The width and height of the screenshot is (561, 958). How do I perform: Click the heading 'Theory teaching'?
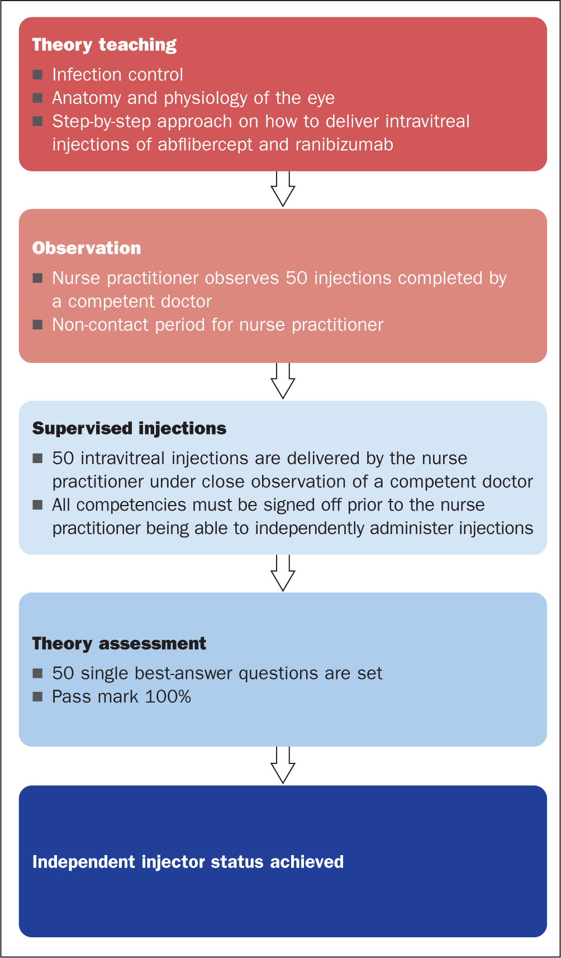[104, 45]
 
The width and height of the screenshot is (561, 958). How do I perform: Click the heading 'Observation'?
[86, 248]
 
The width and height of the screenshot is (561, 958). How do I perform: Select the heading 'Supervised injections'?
[129, 428]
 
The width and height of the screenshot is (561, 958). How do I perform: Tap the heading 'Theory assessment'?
[119, 644]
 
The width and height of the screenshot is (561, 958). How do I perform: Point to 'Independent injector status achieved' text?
[188, 862]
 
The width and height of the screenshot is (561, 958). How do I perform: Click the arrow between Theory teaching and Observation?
[283, 189]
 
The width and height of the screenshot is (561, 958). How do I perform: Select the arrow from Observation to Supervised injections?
[283, 381]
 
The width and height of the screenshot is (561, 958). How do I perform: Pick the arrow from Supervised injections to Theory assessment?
[283, 573]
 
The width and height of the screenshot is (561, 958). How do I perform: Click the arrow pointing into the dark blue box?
[283, 765]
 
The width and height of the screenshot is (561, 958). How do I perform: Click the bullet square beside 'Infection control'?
[37, 75]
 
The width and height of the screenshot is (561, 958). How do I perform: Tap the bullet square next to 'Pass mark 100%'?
[37, 697]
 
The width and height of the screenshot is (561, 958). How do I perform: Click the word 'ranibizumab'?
[344, 144]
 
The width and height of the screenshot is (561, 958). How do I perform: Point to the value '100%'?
[168, 697]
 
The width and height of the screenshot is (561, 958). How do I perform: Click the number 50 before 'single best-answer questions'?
[63, 673]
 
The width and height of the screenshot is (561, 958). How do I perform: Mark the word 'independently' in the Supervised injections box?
[310, 528]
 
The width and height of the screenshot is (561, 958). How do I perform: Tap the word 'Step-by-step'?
[102, 122]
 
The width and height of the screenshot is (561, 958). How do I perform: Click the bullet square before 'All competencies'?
[37, 505]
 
